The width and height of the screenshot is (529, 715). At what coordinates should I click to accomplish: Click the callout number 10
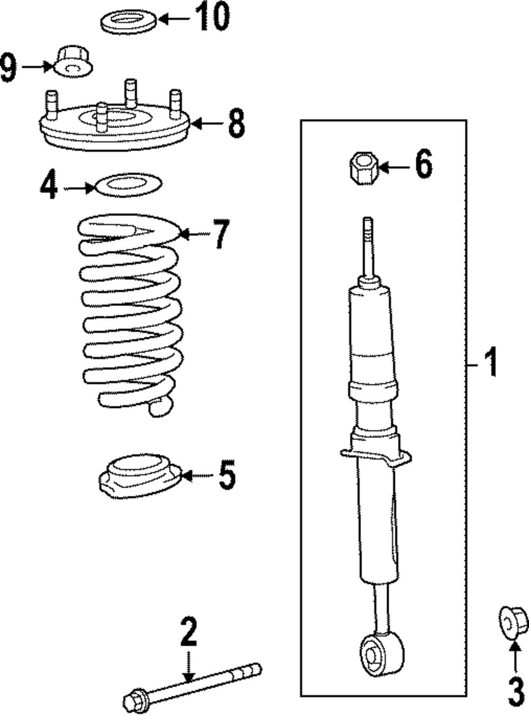(x=213, y=17)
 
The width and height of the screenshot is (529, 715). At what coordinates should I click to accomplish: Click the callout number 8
(x=236, y=124)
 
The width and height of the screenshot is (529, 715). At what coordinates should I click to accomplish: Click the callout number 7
(x=222, y=234)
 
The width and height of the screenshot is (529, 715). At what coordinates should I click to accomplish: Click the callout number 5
(x=226, y=475)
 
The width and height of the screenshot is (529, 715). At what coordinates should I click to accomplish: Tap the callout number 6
(x=423, y=165)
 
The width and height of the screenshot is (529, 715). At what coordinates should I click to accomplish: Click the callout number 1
(x=491, y=363)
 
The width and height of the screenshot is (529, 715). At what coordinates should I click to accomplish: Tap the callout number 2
(x=188, y=631)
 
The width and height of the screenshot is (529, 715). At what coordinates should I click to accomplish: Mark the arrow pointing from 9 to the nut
(x=37, y=67)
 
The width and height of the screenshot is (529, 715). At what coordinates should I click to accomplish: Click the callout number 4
(x=48, y=186)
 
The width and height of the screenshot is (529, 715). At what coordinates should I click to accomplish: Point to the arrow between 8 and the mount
(x=207, y=124)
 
